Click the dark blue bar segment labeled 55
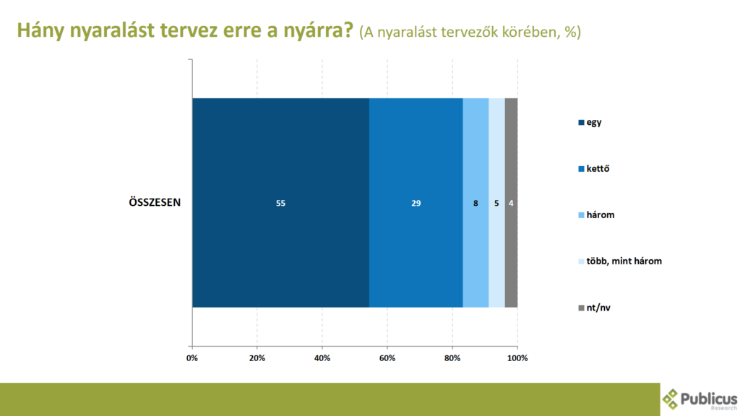[x=281, y=203]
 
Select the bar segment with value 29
[x=416, y=203]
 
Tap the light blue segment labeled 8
[x=476, y=203]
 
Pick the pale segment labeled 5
[x=496, y=203]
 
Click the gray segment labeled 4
[x=511, y=203]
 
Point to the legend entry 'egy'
[x=590, y=123]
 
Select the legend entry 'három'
[x=596, y=214]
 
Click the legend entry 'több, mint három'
[x=620, y=261]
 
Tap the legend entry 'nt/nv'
[x=594, y=308]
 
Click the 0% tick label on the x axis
[x=192, y=358]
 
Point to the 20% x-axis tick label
[x=257, y=358]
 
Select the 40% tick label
[x=322, y=358]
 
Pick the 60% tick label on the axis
[x=387, y=358]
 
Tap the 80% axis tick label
[x=452, y=358]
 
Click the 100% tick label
[x=517, y=358]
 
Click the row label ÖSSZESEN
[x=155, y=202]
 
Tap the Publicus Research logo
[x=700, y=399]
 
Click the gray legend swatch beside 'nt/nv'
[x=582, y=308]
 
